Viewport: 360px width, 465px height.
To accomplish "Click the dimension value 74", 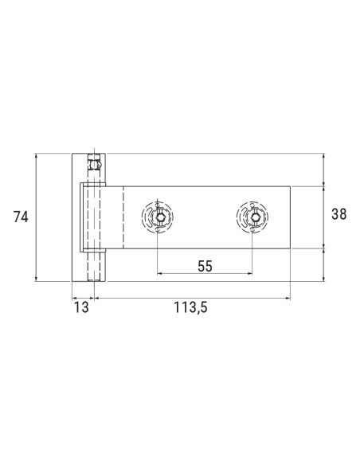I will tap(21, 216).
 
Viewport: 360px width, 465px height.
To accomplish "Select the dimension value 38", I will tap(338, 214).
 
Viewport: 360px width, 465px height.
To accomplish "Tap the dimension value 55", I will tap(205, 266).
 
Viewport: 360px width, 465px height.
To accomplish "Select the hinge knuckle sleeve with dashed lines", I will tap(94, 217).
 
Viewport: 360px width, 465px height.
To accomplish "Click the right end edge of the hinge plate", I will tap(290, 217).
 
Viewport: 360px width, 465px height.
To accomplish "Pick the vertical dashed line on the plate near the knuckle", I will tap(123, 217).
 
